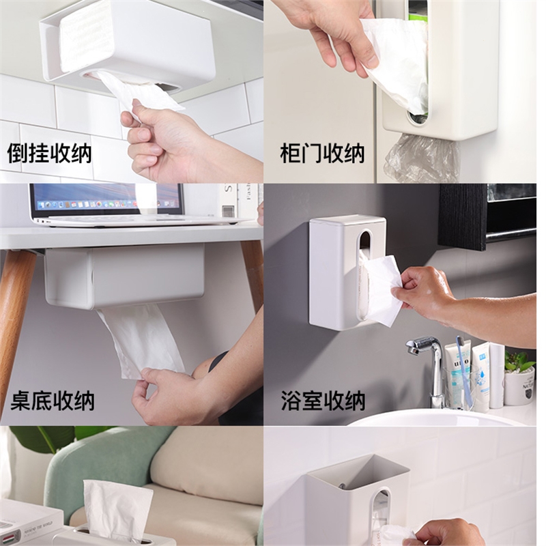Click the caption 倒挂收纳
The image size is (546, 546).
point(49,152)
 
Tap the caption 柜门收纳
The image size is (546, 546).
point(323,152)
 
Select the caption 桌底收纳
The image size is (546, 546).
point(53,401)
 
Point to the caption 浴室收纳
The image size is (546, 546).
point(324,401)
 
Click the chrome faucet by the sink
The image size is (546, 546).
point(432,369)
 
